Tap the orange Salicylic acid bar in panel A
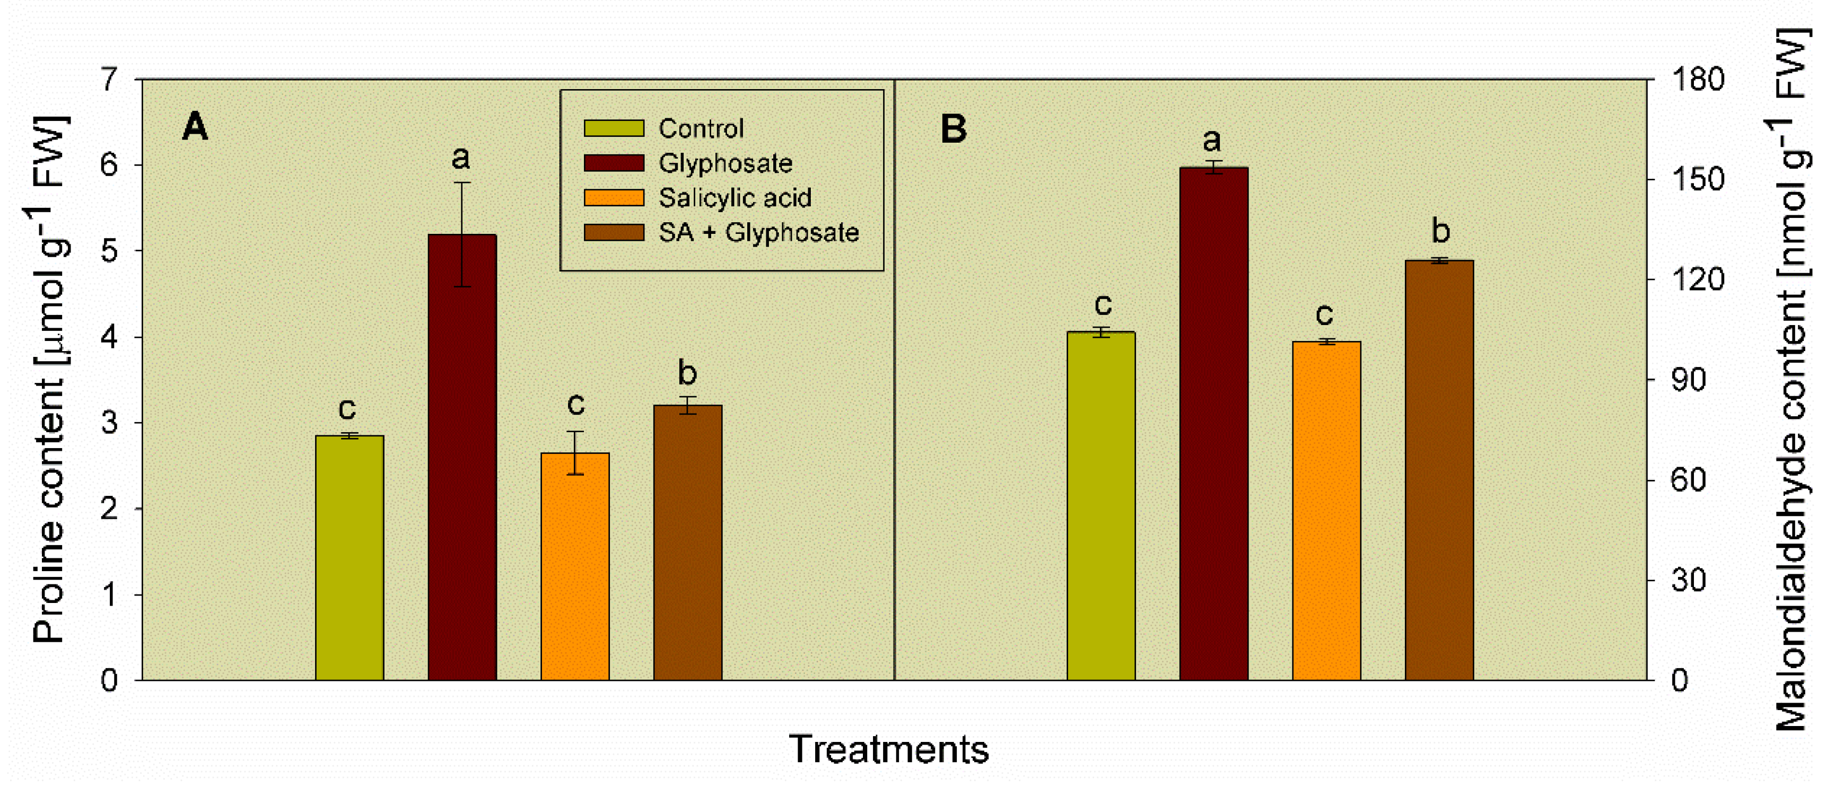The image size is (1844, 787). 575,566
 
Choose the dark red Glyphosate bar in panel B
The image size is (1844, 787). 1213,423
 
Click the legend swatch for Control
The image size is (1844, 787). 614,128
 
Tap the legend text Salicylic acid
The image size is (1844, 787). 735,198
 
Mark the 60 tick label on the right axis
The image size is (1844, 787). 1689,480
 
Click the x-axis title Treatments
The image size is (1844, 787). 888,749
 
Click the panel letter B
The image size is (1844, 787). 953,129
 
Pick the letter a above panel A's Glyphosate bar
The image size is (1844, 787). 461,158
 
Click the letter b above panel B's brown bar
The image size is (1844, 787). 1440,231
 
